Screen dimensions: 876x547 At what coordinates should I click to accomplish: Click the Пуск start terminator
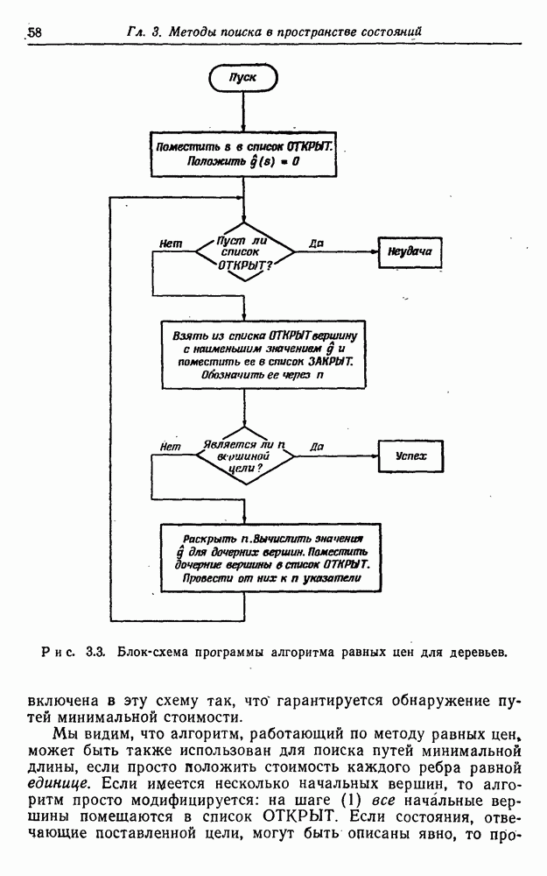click(x=243, y=77)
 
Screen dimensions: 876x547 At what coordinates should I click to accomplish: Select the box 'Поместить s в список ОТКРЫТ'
click(x=244, y=153)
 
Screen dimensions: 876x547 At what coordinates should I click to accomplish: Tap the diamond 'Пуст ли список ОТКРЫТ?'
click(x=245, y=250)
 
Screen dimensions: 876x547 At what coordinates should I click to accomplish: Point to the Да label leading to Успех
click(x=317, y=447)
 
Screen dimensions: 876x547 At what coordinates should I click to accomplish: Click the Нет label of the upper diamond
click(x=171, y=244)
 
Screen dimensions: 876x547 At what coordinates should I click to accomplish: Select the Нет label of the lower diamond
click(x=171, y=448)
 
